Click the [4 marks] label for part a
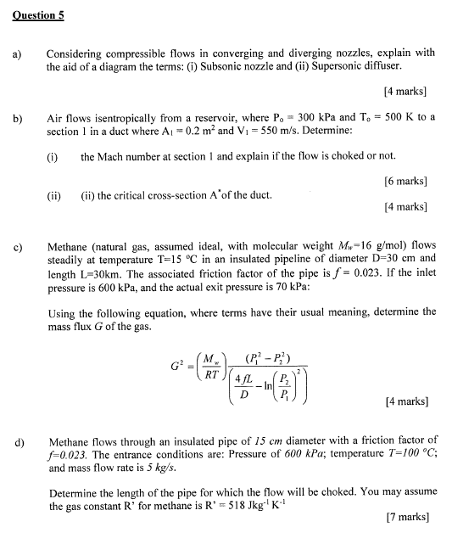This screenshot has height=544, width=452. pos(405,91)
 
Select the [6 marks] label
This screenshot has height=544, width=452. pos(405,181)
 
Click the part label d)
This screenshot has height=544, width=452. pos(19,442)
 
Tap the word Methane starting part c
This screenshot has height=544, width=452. pos(70,245)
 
